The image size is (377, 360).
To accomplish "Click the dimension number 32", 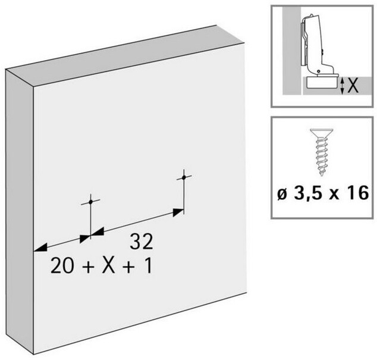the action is (x=142, y=242).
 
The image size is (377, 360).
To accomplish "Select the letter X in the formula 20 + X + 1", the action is (x=108, y=265).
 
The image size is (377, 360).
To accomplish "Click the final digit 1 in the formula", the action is (x=149, y=265).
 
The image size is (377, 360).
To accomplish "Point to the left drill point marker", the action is (x=90, y=202).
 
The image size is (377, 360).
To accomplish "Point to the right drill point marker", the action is (x=184, y=177).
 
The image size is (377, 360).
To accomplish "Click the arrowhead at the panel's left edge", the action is (x=40, y=248).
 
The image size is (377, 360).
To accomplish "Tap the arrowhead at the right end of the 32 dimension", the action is (x=178, y=212).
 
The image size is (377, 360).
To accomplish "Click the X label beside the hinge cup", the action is (x=353, y=86).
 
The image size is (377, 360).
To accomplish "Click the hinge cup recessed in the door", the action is (x=323, y=83).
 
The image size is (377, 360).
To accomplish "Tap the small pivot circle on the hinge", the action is (x=319, y=71).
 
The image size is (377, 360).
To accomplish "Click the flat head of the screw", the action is (x=322, y=132).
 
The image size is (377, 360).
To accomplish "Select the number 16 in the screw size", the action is (x=358, y=192).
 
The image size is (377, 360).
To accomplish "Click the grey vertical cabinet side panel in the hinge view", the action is (x=291, y=51).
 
